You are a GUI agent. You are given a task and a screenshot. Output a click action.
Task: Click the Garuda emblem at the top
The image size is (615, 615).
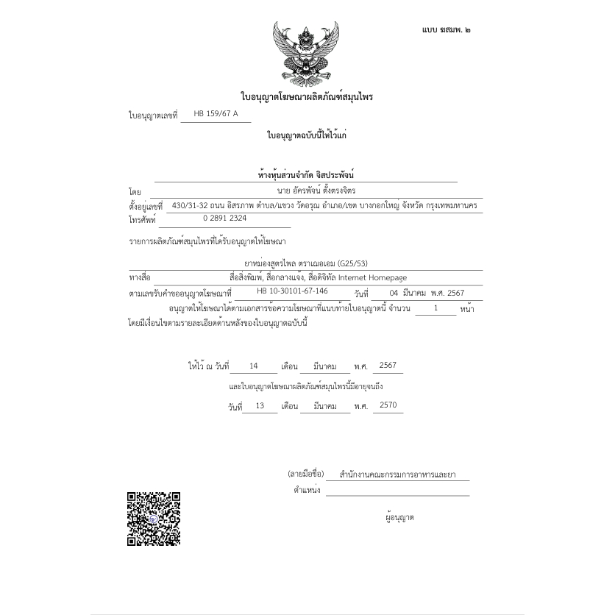(307, 53)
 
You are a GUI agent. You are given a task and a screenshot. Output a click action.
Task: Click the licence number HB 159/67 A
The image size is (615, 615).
(216, 114)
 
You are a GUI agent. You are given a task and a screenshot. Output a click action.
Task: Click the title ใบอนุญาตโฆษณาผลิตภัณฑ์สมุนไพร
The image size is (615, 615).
(307, 96)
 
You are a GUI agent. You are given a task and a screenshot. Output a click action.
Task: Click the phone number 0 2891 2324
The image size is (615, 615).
(225, 218)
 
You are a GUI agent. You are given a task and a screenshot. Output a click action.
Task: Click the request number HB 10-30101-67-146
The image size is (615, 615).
(292, 291)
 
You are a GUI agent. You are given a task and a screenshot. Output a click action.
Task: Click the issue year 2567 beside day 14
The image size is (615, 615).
(388, 366)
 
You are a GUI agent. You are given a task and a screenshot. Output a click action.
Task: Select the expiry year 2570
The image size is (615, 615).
(388, 405)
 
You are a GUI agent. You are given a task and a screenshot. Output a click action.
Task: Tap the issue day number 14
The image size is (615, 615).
(254, 366)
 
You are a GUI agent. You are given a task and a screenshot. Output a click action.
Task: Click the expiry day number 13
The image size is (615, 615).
(260, 405)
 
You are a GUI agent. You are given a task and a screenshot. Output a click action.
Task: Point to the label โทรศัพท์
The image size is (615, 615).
(143, 220)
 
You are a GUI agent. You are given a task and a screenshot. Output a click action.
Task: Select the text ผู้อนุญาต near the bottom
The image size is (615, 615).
(399, 517)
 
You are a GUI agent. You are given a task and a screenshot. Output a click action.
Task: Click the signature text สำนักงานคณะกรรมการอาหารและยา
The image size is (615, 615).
(397, 474)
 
